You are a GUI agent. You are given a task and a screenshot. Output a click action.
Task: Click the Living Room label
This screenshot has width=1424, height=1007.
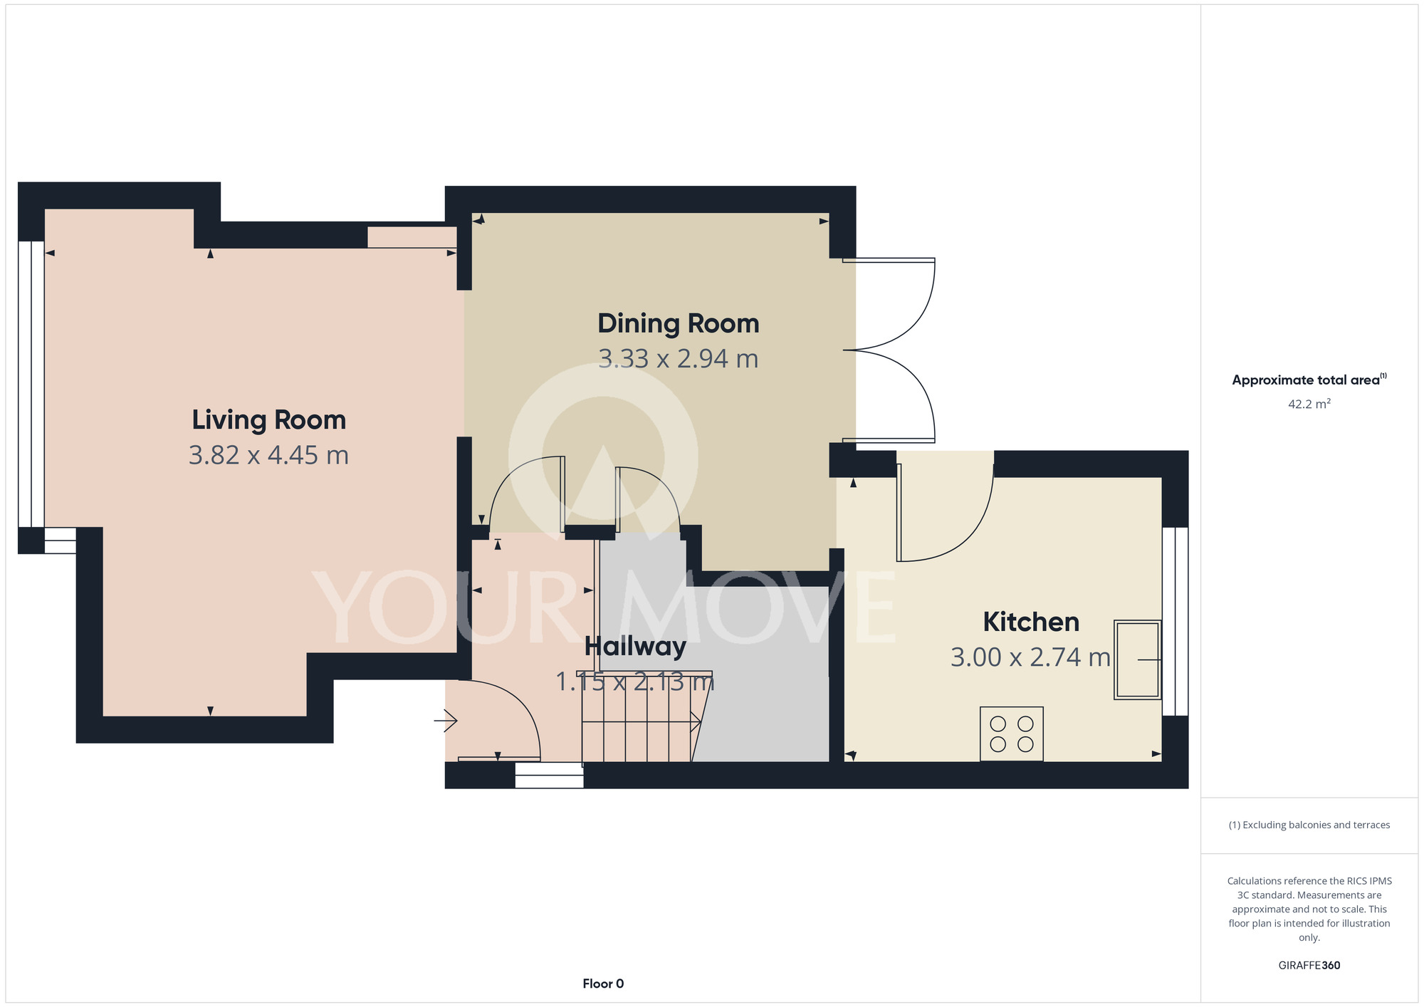[x=268, y=420]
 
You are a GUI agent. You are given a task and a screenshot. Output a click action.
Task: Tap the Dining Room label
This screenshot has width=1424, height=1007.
[x=678, y=323]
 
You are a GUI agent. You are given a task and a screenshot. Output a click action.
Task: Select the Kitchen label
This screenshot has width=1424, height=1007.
[x=1031, y=622]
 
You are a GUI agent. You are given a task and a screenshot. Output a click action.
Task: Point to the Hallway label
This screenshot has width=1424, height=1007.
[x=635, y=647]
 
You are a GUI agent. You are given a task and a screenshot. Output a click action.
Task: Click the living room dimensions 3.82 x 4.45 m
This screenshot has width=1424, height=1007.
[x=268, y=455]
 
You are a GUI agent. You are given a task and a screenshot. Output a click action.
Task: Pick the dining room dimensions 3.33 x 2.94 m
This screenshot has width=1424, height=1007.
[x=678, y=358]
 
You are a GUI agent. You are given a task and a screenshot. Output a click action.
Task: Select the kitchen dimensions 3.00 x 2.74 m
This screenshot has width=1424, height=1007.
[x=1030, y=657]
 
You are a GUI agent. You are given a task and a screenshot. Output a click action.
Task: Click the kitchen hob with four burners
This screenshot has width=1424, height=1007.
[x=1012, y=734]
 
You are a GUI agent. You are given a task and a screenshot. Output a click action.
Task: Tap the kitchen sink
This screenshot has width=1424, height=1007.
[x=1138, y=659]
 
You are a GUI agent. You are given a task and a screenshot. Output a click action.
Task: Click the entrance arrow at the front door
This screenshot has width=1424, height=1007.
[x=446, y=721]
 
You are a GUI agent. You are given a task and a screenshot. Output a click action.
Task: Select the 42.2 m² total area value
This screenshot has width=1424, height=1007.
[x=1309, y=404]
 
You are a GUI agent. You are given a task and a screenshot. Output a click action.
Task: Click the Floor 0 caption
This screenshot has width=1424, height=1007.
[x=603, y=983]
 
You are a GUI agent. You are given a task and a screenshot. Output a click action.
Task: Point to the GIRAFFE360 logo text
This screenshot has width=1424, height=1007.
[x=1309, y=966]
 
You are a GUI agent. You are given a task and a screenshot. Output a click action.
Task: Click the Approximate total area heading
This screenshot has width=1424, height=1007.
[x=1309, y=380]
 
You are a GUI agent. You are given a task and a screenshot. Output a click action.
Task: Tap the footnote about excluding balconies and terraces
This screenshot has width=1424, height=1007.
[x=1309, y=825]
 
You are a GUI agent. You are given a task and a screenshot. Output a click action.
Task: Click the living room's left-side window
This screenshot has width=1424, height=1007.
[x=31, y=385]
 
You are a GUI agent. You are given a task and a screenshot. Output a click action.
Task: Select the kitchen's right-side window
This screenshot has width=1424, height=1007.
[x=1175, y=621]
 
